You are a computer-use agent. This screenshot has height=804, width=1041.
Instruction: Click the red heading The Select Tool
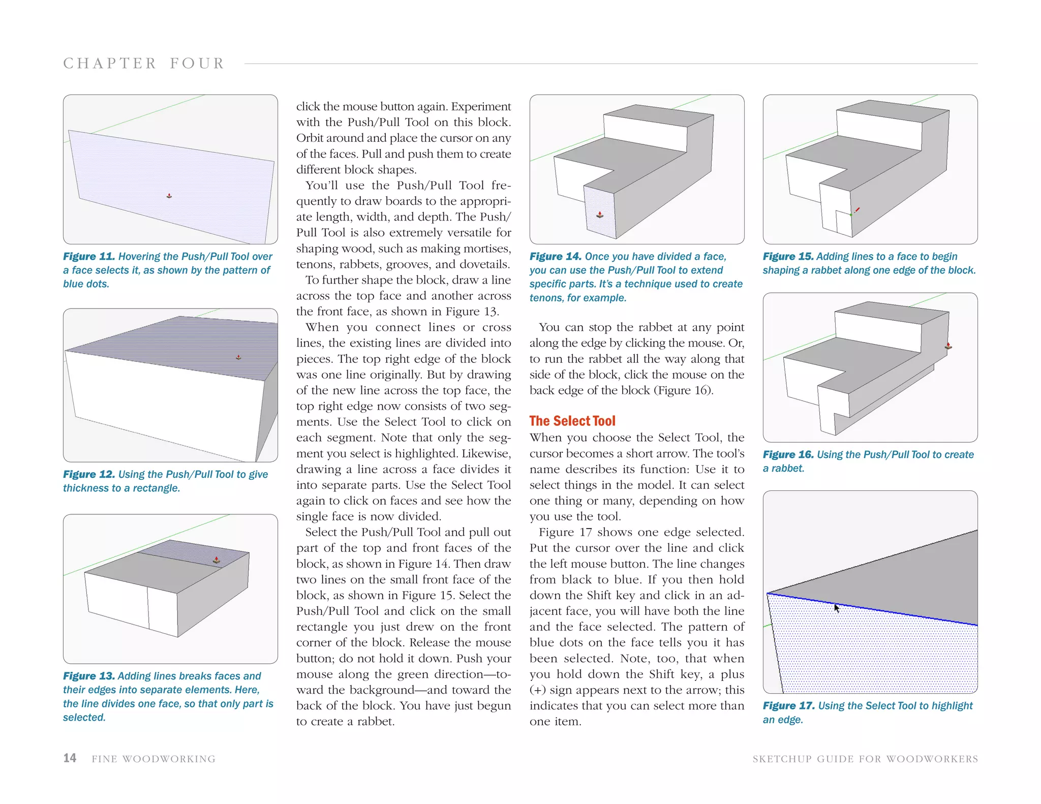click(572, 421)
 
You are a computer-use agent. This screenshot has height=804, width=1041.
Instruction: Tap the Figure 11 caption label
click(88, 257)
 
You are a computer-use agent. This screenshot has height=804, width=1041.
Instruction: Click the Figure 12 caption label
click(88, 474)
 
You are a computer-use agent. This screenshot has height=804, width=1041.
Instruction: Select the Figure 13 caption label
click(88, 676)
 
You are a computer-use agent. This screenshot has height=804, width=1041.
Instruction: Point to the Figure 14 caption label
click(555, 257)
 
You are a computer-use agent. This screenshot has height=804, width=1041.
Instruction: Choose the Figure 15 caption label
click(788, 257)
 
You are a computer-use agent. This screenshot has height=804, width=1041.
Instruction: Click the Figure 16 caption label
click(788, 454)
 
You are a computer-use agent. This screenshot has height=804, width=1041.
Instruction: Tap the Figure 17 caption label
click(788, 705)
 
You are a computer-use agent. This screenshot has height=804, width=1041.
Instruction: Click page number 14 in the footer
click(70, 758)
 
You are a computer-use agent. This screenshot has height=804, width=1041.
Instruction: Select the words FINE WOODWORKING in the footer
click(154, 759)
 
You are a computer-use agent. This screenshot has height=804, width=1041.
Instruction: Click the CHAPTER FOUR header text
click(144, 64)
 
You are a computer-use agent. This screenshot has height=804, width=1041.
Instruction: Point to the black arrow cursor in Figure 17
click(836, 608)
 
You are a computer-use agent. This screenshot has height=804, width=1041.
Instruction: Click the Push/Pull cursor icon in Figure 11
click(169, 196)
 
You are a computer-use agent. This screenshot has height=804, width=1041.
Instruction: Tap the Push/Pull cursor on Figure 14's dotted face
click(600, 214)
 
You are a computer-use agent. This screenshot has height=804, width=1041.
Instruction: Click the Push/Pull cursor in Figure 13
click(217, 560)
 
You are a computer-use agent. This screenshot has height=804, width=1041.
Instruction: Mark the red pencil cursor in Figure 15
click(856, 210)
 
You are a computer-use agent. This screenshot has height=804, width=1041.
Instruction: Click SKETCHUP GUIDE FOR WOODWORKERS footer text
click(865, 759)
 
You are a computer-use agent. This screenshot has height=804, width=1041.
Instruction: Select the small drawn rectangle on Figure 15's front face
click(844, 224)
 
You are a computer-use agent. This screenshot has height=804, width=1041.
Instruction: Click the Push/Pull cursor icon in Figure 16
click(948, 346)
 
